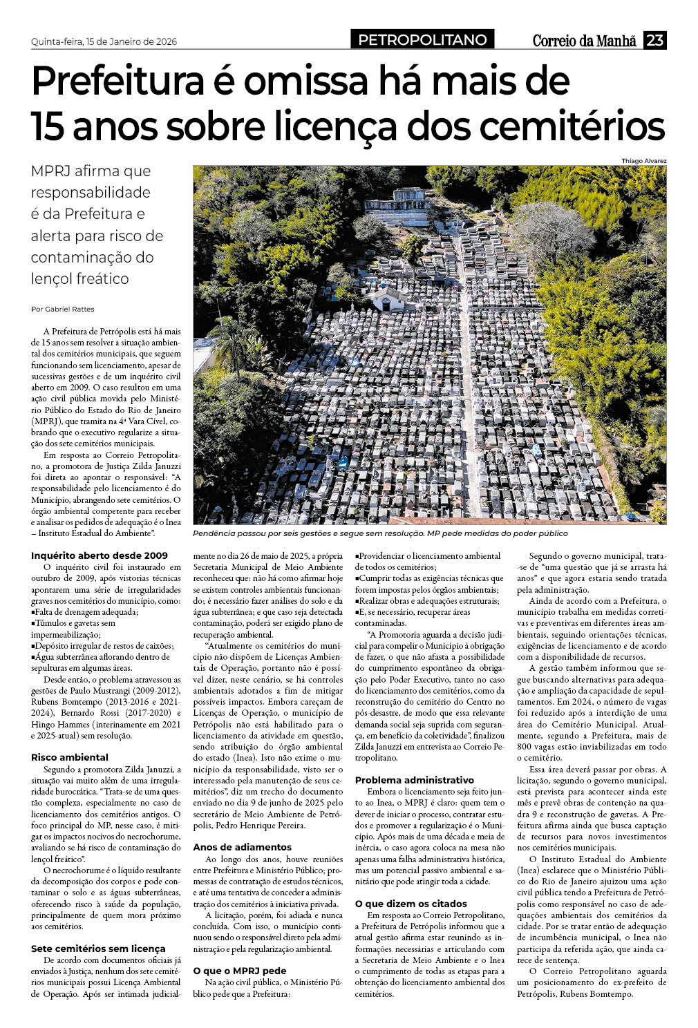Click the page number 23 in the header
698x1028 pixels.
pos(654,40)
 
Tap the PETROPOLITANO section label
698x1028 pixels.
pos(422,40)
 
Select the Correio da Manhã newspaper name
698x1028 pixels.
pos(584,41)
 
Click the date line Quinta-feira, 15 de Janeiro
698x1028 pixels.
pos(104,41)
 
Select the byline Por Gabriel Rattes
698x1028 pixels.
pos(63,309)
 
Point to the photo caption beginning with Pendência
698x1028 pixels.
pos(380,533)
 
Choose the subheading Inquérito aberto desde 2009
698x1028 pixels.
pos(100,555)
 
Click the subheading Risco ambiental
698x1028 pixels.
pos(70,757)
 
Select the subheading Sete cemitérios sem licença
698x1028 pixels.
pos(98,949)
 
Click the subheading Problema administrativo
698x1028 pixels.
pos(415,780)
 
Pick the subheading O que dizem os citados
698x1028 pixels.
pos(411,904)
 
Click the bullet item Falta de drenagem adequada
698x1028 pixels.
pos(86,612)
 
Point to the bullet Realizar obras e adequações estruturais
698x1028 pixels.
pos(428,601)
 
